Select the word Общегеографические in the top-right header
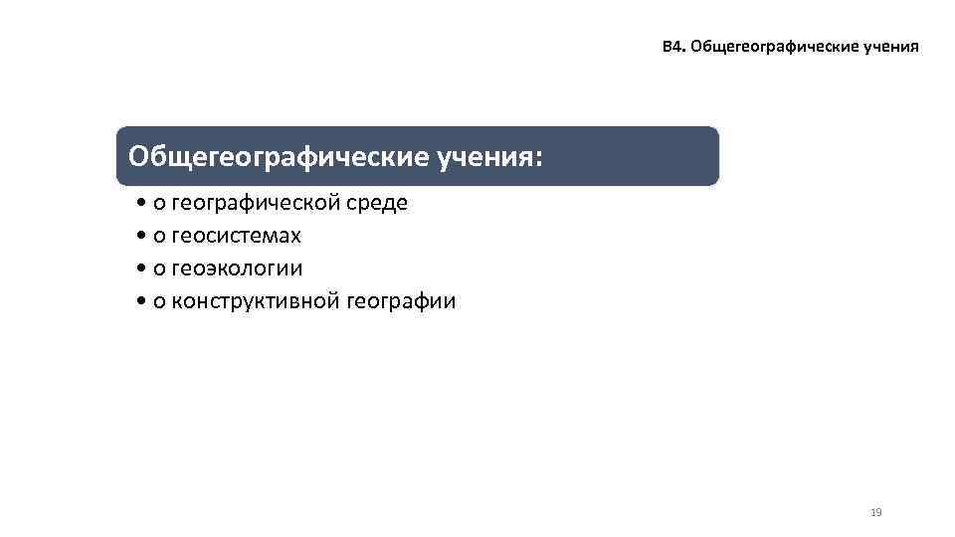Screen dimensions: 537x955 tap(768, 48)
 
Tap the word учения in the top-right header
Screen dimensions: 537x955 tap(887, 48)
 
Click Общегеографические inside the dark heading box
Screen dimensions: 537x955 tap(278, 156)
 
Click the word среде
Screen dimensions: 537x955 tap(375, 204)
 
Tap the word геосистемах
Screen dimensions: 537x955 tap(236, 237)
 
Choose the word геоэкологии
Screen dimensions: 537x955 tap(237, 268)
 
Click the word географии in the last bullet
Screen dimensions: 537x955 tap(402, 301)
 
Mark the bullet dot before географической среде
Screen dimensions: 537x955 tap(144, 205)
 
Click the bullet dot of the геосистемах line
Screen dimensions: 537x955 tap(144, 238)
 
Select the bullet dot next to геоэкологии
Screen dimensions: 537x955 tap(144, 269)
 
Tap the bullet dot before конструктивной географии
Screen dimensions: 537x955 tap(144, 302)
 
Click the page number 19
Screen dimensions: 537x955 tap(875, 512)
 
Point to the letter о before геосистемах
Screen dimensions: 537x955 tap(159, 238)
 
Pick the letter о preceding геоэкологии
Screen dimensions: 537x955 tap(159, 269)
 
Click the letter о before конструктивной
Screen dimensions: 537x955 tap(159, 302)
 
